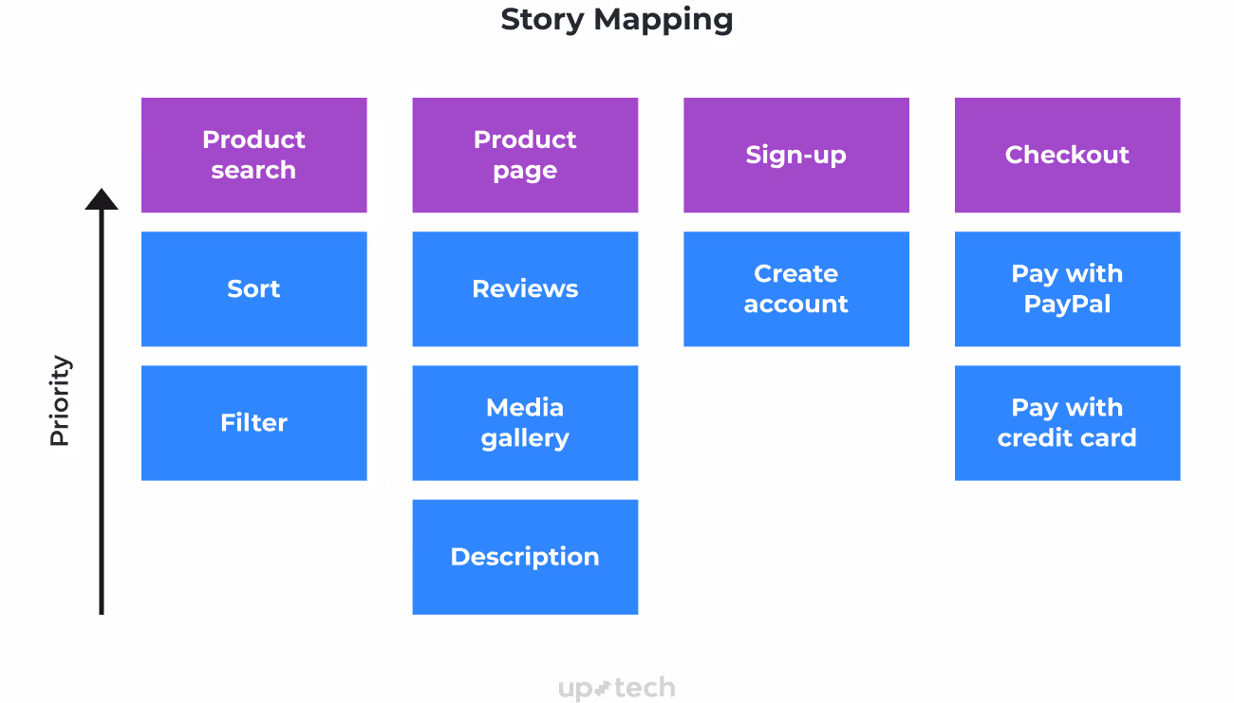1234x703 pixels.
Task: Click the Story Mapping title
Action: click(617, 19)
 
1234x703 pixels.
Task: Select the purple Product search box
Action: click(253, 155)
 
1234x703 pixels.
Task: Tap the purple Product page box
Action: click(525, 155)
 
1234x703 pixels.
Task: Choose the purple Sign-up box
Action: click(795, 155)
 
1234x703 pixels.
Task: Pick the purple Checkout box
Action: click(1067, 155)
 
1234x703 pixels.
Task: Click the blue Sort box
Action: click(253, 288)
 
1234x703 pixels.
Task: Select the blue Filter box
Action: click(253, 422)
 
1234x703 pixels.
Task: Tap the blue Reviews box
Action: click(525, 288)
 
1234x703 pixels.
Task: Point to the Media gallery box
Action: click(525, 422)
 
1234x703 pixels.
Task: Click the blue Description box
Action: click(525, 557)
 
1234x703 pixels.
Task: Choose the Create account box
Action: click(795, 288)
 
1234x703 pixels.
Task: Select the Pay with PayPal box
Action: click(1067, 288)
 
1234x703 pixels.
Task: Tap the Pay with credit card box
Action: click(1067, 422)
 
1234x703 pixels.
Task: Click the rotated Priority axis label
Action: click(60, 400)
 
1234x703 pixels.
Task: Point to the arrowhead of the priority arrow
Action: click(102, 199)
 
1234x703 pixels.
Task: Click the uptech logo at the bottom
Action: click(617, 688)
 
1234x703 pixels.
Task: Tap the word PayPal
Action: click(1067, 305)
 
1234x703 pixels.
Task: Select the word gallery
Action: click(525, 438)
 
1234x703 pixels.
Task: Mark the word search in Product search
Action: click(253, 171)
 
